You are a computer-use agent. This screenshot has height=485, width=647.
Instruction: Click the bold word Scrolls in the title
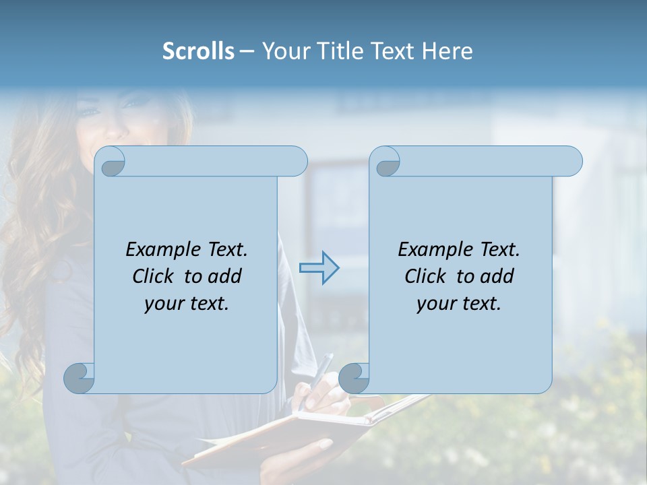[x=198, y=51]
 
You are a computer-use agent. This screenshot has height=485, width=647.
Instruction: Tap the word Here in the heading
[x=448, y=51]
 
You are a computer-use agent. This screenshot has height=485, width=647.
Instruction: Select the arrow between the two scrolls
[x=319, y=268]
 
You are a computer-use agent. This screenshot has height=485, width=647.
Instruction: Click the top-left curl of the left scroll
[x=112, y=162]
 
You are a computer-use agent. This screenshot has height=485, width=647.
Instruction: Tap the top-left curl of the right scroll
[x=387, y=162]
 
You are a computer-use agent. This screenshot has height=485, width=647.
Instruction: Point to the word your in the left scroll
[x=162, y=304]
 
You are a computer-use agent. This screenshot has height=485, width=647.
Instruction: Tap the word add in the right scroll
[x=499, y=276]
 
